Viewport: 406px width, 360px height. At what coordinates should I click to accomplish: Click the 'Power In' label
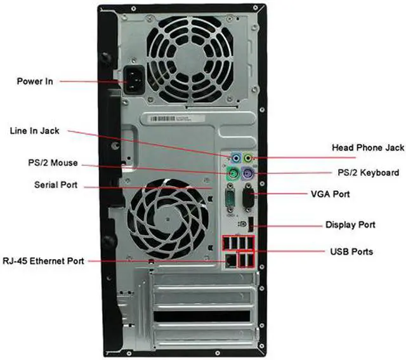36,81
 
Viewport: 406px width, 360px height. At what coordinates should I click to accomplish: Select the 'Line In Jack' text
34,131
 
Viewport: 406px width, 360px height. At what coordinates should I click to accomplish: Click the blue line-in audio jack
236,157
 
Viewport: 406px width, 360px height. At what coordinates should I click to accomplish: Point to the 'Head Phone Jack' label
368,148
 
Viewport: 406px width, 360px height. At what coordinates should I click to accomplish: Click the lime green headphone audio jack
249,157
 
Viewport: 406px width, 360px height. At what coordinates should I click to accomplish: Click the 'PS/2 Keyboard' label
368,173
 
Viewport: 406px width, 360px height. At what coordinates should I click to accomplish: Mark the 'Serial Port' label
56,185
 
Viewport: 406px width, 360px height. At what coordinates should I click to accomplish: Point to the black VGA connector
249,199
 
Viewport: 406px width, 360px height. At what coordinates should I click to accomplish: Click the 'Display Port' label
350,225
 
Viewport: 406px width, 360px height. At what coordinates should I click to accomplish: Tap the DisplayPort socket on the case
252,225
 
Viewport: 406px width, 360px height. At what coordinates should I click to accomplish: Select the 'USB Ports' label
351,252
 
